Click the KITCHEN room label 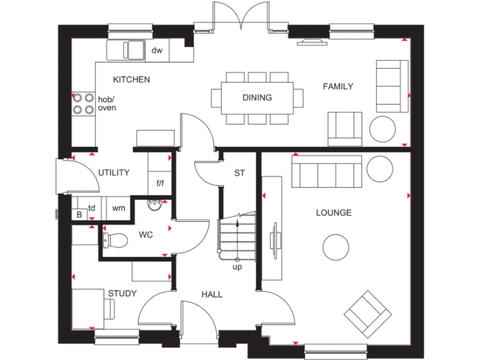point(131,79)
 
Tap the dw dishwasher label point(157,51)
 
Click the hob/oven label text point(107,103)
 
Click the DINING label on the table point(257,97)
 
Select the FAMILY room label point(337,86)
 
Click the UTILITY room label point(113,172)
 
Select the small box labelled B point(79,214)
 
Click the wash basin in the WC point(155,204)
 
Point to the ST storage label point(239,173)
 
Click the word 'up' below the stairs point(237,267)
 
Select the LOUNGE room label point(333,212)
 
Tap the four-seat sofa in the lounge point(326,172)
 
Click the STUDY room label point(122,293)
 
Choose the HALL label point(212,294)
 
